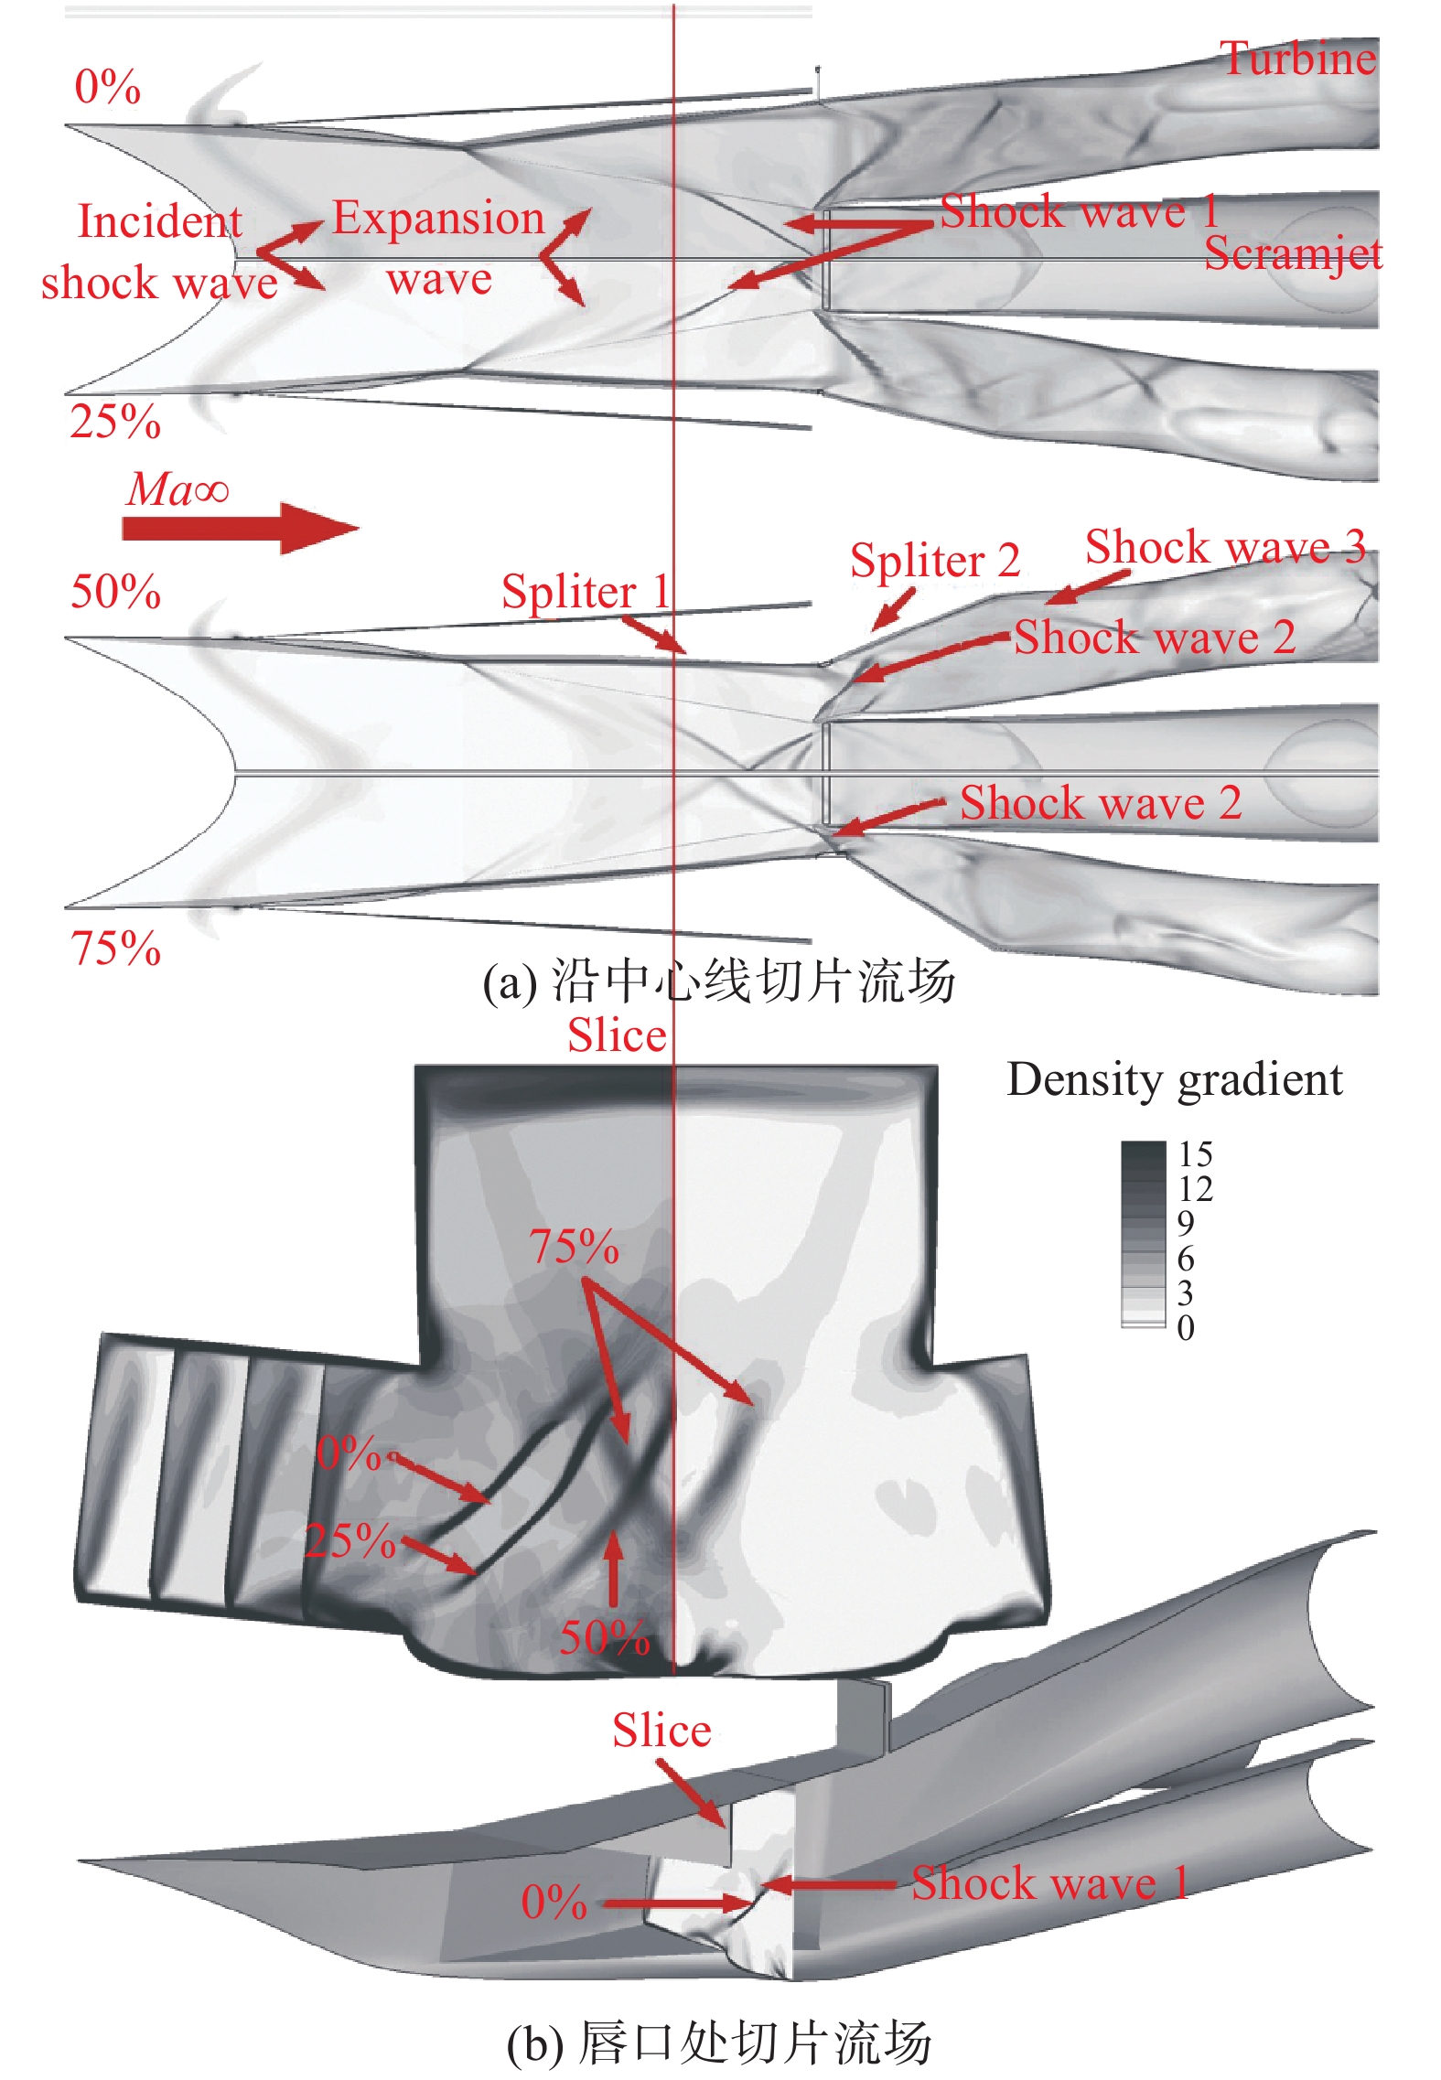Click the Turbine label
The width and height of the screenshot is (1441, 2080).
[x=1297, y=59]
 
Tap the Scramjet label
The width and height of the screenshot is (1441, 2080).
[x=1292, y=254]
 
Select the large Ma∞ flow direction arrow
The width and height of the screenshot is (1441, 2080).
[x=240, y=528]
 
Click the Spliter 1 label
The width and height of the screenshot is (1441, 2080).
[x=586, y=592]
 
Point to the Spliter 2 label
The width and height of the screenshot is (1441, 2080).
[x=934, y=561]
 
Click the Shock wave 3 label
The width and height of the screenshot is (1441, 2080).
[x=1225, y=548]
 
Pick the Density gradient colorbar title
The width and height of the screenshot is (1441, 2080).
[x=1174, y=1080]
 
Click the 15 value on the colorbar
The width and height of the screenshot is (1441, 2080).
[x=1195, y=1154]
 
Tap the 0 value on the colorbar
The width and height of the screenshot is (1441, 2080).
[x=1186, y=1327]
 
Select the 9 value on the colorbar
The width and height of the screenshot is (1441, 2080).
[x=1186, y=1223]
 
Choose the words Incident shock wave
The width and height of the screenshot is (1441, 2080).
[x=159, y=252]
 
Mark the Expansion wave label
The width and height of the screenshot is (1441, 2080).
[x=438, y=248]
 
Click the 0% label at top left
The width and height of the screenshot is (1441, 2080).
[x=107, y=88]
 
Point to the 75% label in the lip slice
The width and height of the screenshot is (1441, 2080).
[x=574, y=1247]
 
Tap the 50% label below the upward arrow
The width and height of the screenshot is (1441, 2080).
[x=605, y=1637]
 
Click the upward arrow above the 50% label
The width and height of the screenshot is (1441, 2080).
[x=613, y=1568]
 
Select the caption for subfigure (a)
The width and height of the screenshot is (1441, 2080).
[x=719, y=982]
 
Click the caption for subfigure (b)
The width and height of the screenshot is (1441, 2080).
[x=719, y=2042]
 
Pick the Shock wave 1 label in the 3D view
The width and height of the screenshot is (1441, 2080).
[x=1049, y=1884]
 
